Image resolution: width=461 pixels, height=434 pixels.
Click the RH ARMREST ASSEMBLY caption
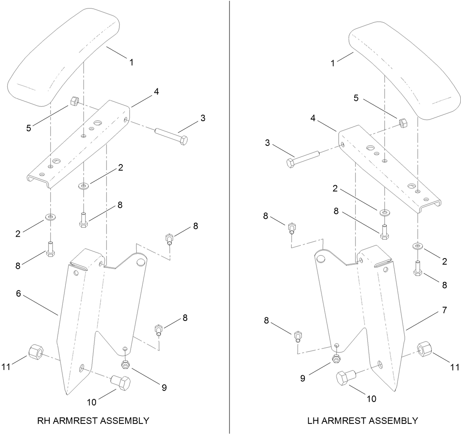(93, 420)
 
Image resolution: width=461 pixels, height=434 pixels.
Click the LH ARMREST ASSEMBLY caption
(362, 420)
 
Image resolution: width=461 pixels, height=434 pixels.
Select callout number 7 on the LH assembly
(444, 310)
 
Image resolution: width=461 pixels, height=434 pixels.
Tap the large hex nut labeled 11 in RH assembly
(36, 351)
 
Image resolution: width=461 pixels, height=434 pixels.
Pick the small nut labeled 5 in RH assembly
(75, 101)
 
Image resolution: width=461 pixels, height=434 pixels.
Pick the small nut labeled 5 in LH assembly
(403, 122)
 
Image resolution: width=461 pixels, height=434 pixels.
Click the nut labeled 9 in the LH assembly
(336, 359)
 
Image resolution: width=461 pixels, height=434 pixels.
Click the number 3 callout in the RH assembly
(203, 118)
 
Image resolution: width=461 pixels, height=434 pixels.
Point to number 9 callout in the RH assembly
(164, 387)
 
